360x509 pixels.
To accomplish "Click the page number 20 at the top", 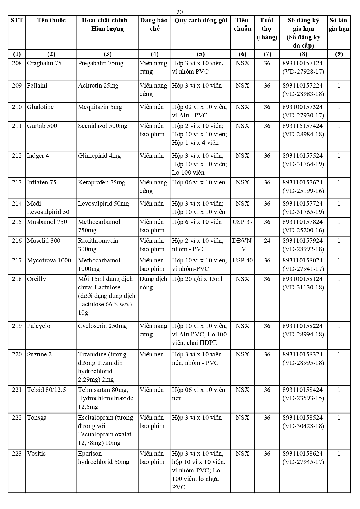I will click(x=180, y=12).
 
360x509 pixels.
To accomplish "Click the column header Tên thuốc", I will click(x=51, y=20).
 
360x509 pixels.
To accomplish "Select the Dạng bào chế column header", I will click(x=154, y=24).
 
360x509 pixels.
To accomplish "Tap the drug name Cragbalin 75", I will click(x=44, y=63).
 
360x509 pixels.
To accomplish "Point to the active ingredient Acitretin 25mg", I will click(x=98, y=86).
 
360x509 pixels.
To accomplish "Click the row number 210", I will click(x=17, y=107).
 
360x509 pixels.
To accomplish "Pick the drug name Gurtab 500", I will click(x=42, y=126).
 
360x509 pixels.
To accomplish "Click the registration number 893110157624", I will click(x=303, y=182).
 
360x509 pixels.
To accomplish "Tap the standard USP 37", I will click(x=242, y=222).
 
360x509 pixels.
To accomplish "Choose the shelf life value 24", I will click(x=267, y=241).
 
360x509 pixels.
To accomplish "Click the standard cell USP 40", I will click(x=242, y=260).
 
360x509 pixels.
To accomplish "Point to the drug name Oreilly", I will click(x=37, y=279).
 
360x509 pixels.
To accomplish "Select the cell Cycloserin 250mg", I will click(x=102, y=326).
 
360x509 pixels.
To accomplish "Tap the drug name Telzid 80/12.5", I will click(x=46, y=390).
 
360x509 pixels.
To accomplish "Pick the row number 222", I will click(x=17, y=418).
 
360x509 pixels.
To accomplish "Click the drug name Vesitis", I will click(x=36, y=454).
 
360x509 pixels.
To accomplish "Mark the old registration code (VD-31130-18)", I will click(x=303, y=287).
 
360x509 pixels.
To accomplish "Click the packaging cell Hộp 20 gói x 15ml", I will click(x=197, y=279).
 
